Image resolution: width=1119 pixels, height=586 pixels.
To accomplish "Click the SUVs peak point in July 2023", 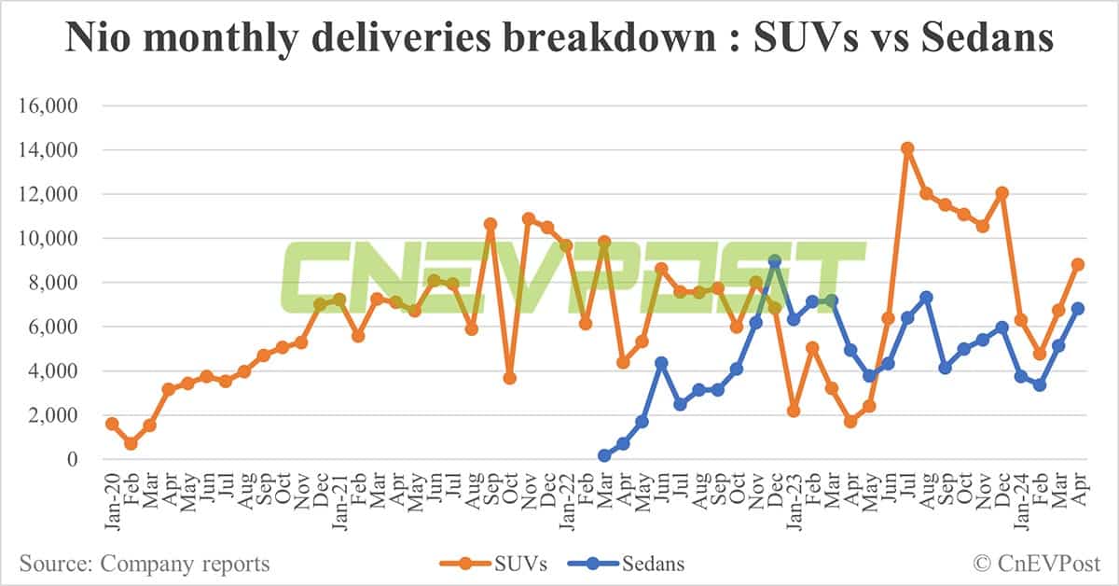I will tap(906, 148).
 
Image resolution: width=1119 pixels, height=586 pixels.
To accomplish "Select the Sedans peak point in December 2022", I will tap(774, 261).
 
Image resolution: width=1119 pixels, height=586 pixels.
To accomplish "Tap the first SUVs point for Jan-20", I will tap(112, 424).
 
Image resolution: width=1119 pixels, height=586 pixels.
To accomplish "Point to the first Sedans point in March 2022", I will tap(604, 455).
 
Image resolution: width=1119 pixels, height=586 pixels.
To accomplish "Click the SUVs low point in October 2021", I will tap(509, 378).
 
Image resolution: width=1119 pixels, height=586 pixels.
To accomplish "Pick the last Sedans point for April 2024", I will tap(1077, 308).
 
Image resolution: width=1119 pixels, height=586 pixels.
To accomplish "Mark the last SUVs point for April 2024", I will tap(1077, 264).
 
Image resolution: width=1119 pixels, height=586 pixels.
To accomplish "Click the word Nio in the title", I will tap(97, 39).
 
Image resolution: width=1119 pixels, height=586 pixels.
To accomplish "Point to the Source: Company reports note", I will tap(145, 564).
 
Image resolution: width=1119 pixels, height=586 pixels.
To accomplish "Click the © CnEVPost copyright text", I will tap(1037, 564).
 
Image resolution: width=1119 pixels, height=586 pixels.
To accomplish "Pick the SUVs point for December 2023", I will tap(1002, 193).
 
